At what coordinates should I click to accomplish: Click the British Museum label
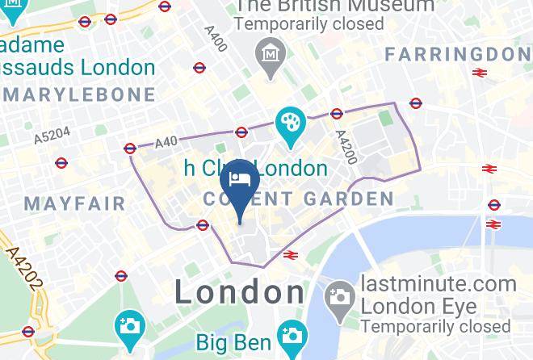pyautogui.click(x=334, y=6)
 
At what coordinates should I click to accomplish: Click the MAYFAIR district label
pyautogui.click(x=75, y=202)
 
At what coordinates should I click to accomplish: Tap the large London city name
pyautogui.click(x=239, y=291)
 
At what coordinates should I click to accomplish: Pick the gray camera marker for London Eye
pyautogui.click(x=341, y=296)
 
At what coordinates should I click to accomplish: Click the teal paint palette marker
pyautogui.click(x=288, y=124)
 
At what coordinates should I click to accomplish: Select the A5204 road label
pyautogui.click(x=52, y=135)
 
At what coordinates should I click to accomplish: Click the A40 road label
pyautogui.click(x=166, y=141)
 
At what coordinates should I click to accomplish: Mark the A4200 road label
pyautogui.click(x=346, y=148)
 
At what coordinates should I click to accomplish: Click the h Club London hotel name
pyautogui.click(x=255, y=169)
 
